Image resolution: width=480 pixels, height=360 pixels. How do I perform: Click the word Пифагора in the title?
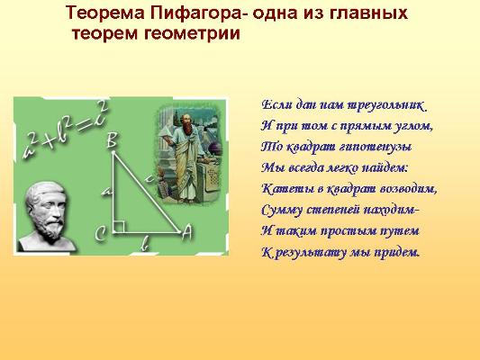click(x=197, y=13)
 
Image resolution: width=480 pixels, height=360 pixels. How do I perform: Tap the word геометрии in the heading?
click(x=192, y=33)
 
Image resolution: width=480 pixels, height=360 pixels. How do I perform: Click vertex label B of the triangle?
click(x=113, y=141)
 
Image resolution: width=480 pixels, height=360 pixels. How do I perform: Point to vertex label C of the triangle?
click(x=100, y=234)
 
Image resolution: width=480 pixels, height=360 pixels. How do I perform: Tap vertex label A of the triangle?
click(x=186, y=233)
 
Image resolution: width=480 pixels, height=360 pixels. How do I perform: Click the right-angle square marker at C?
click(x=119, y=228)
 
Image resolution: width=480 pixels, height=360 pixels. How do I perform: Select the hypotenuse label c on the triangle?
click(x=149, y=178)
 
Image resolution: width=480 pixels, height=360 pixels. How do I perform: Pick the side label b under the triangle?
click(x=145, y=244)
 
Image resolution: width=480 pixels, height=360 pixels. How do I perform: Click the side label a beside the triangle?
click(x=107, y=192)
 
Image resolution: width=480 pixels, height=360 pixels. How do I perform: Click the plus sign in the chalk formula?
click(x=50, y=141)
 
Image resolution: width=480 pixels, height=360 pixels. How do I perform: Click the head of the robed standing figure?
click(x=186, y=121)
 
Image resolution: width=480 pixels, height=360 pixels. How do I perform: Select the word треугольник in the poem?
click(x=387, y=106)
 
